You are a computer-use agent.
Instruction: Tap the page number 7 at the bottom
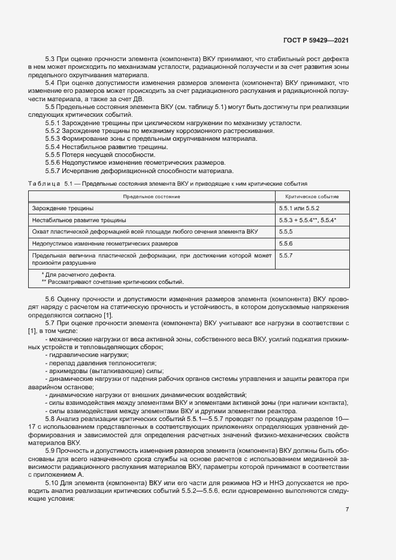(347, 509)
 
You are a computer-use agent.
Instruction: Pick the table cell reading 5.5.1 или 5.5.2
(299, 208)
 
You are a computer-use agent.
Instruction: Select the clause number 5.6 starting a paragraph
(50, 298)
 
